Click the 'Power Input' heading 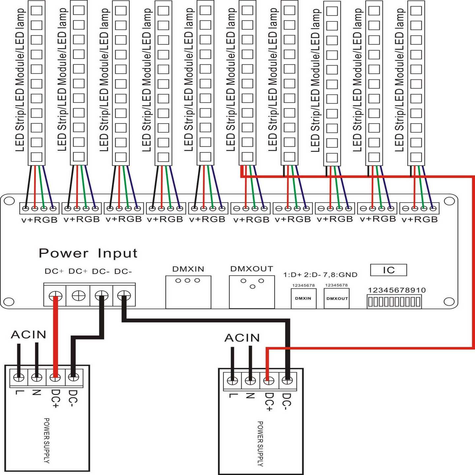(88, 253)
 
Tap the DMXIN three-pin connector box (188, 292)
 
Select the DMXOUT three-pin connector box (252, 292)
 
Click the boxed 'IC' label (389, 270)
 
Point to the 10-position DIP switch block (394, 301)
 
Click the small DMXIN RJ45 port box (303, 299)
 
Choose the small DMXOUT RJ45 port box (337, 299)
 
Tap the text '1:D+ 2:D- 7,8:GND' (320, 275)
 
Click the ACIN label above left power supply (29, 335)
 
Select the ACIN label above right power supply (242, 338)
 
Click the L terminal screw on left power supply (19, 377)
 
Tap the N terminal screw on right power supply (251, 381)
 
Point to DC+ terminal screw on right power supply (269, 381)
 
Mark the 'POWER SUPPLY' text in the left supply (47, 440)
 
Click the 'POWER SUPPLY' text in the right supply (260, 444)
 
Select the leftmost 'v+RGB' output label (39, 220)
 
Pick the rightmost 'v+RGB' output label (420, 220)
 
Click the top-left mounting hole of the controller (9, 201)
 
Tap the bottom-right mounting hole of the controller (449, 301)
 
